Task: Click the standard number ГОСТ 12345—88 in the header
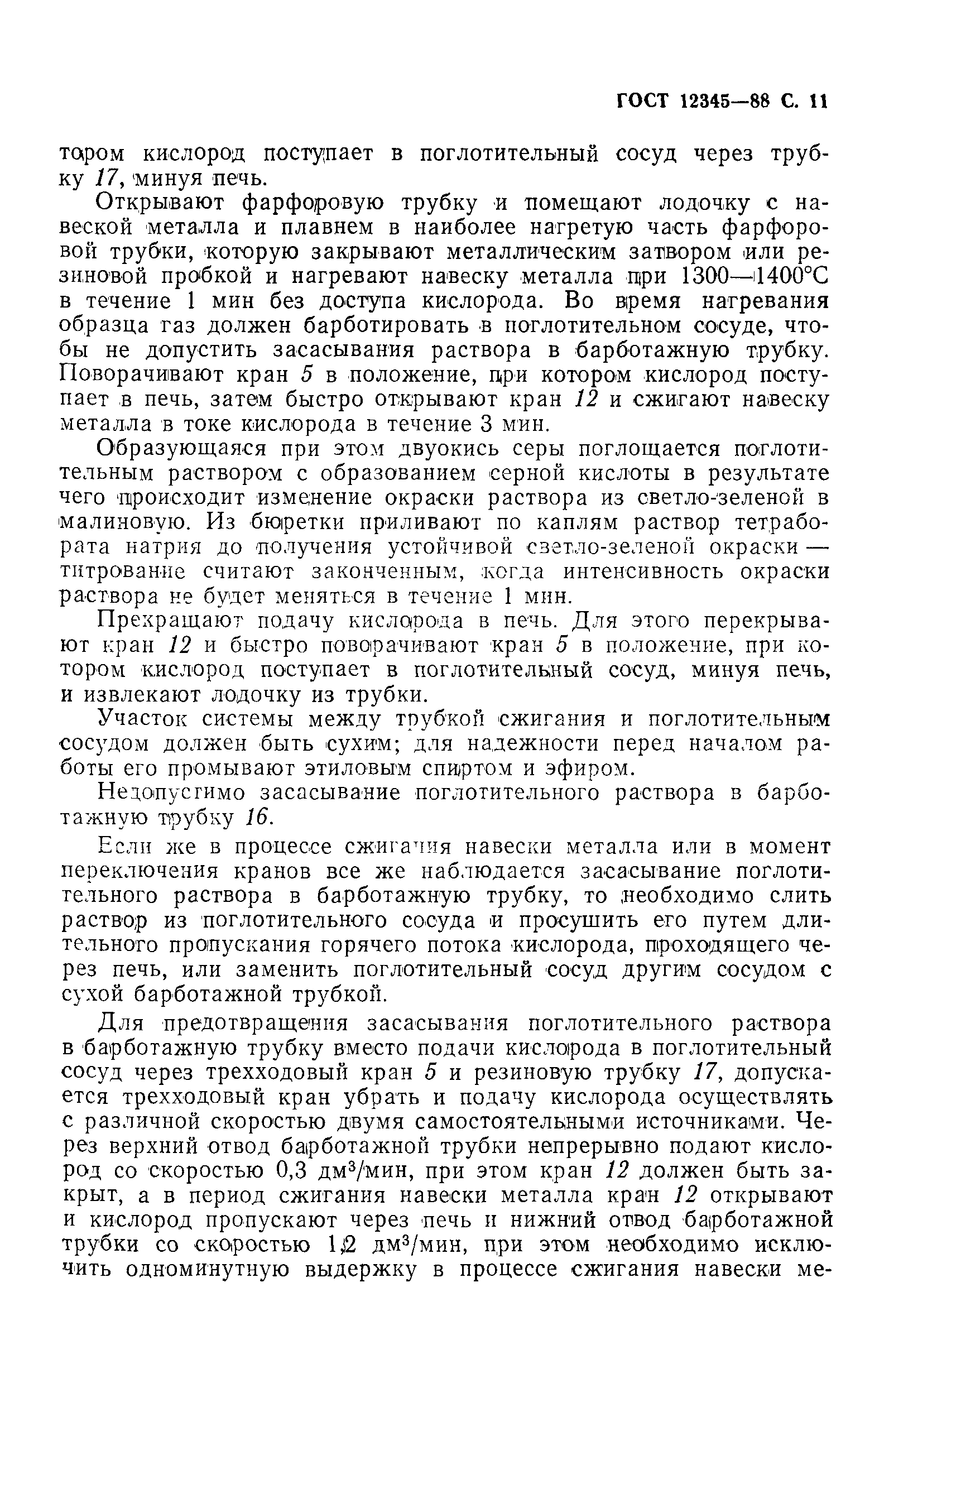693,101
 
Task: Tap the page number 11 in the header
818,101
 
